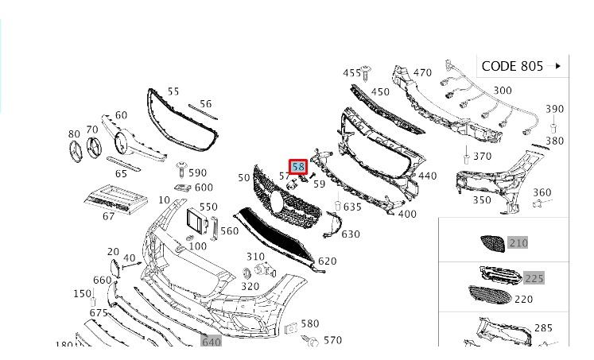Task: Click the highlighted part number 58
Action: [x=298, y=167]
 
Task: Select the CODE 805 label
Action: [x=512, y=66]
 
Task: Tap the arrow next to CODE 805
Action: [x=558, y=66]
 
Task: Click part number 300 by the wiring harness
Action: [x=503, y=91]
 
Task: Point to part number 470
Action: [x=422, y=72]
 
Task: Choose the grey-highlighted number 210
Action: [x=518, y=242]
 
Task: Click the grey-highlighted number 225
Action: [x=534, y=278]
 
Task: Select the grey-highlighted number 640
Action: [x=211, y=342]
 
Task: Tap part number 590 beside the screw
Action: [x=197, y=172]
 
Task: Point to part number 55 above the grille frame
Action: [x=173, y=92]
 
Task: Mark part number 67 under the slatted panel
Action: [x=108, y=216]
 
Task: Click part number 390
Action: [x=554, y=109]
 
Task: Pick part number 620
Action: [x=327, y=261]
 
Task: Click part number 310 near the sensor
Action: [x=254, y=257]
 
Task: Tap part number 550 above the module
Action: [x=208, y=207]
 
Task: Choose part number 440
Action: [x=427, y=176]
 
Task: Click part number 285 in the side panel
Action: [x=543, y=327]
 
